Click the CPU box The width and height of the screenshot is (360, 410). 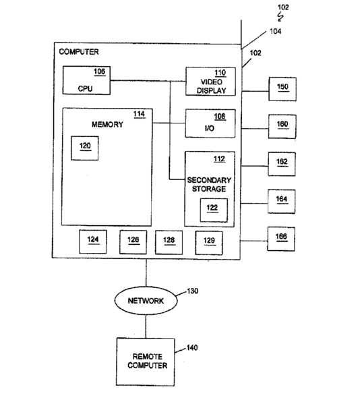pos(86,80)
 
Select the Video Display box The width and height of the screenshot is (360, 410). pos(210,82)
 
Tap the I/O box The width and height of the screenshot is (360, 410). pos(210,123)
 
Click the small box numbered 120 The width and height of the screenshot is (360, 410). pos(85,148)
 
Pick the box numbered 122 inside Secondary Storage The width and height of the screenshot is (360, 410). pos(214,210)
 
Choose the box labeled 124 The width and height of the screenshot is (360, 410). pos(93,241)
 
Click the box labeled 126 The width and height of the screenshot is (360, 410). pos(133,242)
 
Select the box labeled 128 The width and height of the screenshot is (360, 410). pos(169,242)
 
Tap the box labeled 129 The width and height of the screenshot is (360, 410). pos(209,243)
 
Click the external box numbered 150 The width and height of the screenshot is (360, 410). pos(282,89)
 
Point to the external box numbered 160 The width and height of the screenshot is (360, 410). pos(282,126)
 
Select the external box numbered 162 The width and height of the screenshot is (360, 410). pos(282,164)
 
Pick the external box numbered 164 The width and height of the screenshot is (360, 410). pos(282,202)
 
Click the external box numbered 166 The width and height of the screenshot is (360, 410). pos(281,239)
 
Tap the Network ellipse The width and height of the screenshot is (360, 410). pos(146,301)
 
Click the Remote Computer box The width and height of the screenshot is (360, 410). pos(146,362)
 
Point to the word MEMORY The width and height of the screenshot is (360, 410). pos(107,124)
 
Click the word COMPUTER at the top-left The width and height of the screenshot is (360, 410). pos(79,52)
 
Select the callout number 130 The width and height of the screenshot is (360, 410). pos(193,291)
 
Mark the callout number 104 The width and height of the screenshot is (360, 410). pos(275,32)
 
